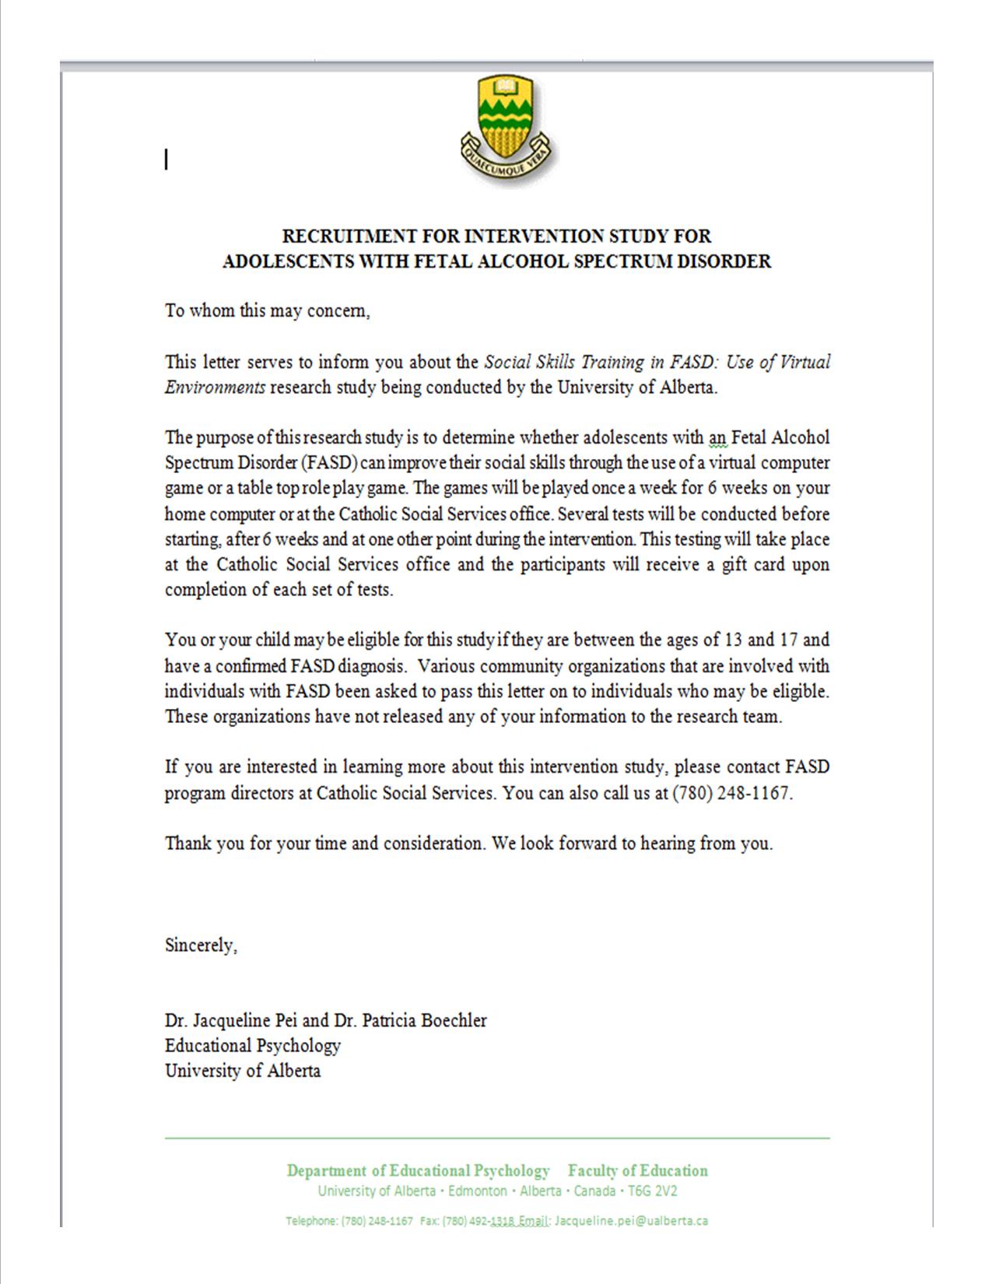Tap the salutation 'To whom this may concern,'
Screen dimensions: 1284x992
pyautogui.click(x=267, y=310)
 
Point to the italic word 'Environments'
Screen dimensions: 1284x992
pyautogui.click(x=215, y=388)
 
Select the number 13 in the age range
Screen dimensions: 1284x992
pyautogui.click(x=733, y=640)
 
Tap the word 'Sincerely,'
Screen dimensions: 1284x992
pyautogui.click(x=201, y=945)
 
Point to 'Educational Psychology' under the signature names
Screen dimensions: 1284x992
pyautogui.click(x=252, y=1045)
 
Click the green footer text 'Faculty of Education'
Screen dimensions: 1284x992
pyautogui.click(x=637, y=1170)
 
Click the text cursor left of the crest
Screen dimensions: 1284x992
pyautogui.click(x=167, y=160)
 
